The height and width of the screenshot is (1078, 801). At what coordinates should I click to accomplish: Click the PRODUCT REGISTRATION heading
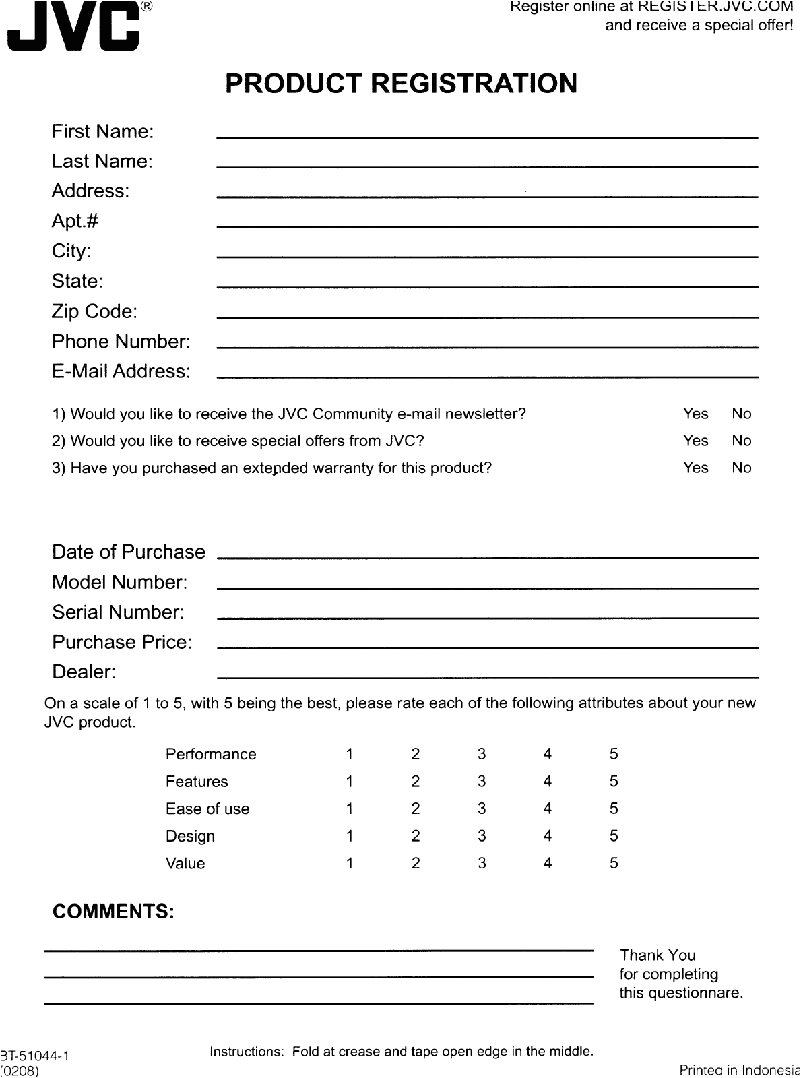click(x=401, y=84)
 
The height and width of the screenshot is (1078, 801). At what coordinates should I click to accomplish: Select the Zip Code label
click(x=94, y=312)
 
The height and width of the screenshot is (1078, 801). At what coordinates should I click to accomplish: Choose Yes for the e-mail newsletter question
click(x=695, y=414)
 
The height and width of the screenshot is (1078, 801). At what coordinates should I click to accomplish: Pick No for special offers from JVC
click(x=741, y=441)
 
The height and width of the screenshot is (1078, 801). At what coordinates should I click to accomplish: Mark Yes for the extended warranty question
click(x=695, y=468)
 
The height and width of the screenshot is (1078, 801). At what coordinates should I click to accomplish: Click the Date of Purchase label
click(x=129, y=552)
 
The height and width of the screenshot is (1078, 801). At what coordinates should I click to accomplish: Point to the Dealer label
click(x=84, y=672)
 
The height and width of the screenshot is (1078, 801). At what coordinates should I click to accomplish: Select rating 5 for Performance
click(x=614, y=754)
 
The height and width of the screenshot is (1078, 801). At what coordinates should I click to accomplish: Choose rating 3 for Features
click(x=482, y=782)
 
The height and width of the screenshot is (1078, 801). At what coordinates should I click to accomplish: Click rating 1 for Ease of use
click(x=350, y=808)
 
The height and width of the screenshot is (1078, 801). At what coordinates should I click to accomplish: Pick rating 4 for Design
click(x=548, y=836)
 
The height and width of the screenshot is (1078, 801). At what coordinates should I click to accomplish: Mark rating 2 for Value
click(x=416, y=863)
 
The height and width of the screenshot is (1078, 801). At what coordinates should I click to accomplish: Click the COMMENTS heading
click(x=113, y=912)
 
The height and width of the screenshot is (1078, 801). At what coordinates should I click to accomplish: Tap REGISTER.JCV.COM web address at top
click(x=715, y=7)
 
